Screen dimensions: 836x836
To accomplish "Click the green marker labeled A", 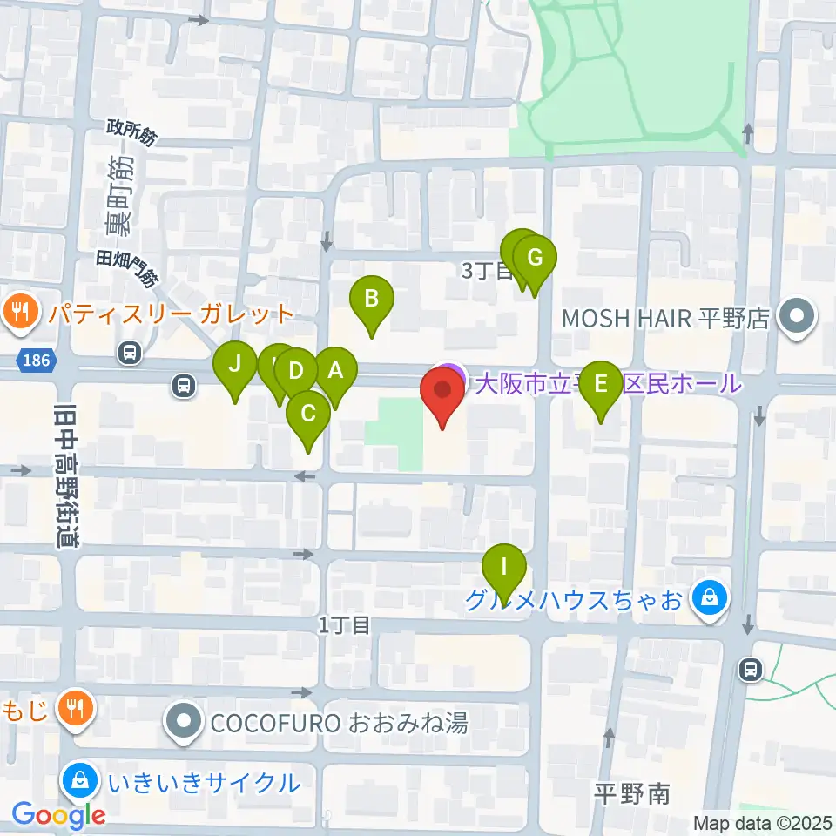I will coord(335,373).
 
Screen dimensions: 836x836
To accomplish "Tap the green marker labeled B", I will coord(372,300).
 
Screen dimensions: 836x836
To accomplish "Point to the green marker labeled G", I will coord(535,259).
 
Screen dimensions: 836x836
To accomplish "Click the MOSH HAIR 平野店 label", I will coord(666,318).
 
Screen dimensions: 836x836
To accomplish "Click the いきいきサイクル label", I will coord(205,782).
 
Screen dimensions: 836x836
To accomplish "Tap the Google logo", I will coord(58,816).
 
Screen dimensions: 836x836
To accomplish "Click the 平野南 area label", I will coord(631,793).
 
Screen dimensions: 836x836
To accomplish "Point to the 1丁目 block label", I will coord(345,624).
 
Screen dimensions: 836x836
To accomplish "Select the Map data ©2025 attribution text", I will coord(762,822).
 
